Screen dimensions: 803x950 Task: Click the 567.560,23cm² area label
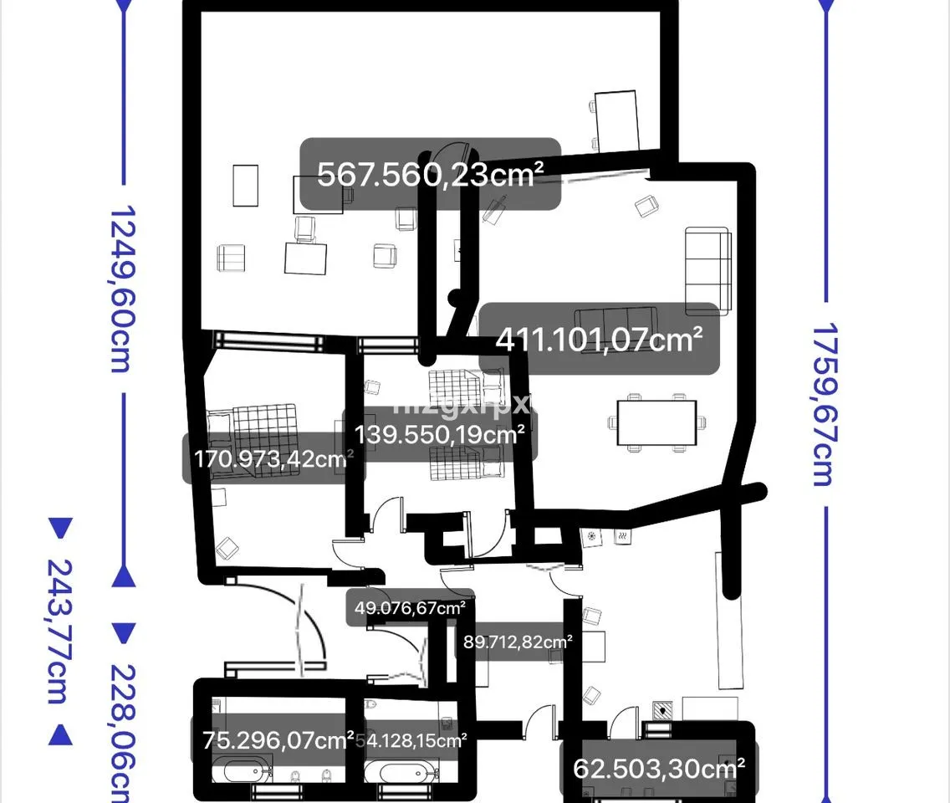point(431,174)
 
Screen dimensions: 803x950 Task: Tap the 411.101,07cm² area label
point(599,339)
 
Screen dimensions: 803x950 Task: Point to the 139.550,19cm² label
point(440,434)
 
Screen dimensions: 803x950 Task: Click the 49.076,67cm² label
point(410,608)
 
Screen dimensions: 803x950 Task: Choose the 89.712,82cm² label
point(518,642)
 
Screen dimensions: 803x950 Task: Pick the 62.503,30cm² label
point(659,767)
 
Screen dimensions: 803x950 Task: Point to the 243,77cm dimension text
point(59,631)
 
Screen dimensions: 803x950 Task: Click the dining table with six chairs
point(656,423)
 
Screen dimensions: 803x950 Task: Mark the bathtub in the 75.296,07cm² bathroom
point(242,769)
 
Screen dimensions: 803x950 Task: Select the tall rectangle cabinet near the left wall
point(245,185)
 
